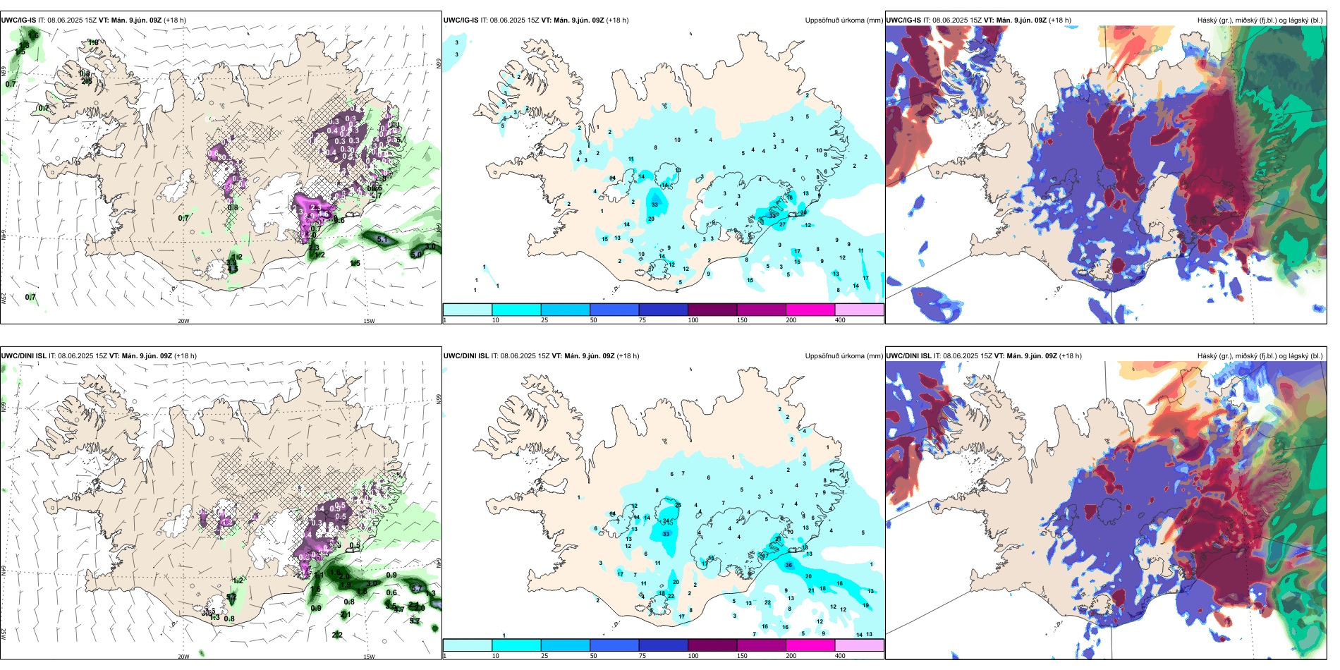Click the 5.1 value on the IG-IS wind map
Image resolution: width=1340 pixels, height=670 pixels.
(382, 240)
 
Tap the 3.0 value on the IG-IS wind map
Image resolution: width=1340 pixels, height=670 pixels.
(430, 246)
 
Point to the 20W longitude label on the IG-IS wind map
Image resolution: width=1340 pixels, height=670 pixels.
(183, 321)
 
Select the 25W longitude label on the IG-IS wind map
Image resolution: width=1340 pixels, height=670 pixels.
(4, 298)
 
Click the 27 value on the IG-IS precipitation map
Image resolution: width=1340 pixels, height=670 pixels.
(782, 225)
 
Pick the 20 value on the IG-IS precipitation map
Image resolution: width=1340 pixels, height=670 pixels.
(651, 219)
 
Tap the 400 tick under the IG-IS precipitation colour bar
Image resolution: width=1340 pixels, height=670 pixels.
(840, 320)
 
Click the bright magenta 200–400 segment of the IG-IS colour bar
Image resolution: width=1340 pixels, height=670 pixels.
(810, 310)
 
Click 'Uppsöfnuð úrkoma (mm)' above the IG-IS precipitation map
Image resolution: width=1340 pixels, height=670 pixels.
(843, 20)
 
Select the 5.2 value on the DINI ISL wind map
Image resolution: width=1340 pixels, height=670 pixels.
(231, 597)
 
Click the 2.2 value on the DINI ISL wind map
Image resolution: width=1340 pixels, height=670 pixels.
(337, 635)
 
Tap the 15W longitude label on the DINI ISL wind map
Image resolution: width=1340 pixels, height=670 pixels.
(369, 657)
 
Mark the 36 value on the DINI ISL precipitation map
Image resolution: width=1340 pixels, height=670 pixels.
(788, 565)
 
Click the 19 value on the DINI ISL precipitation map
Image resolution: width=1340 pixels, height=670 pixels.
(865, 605)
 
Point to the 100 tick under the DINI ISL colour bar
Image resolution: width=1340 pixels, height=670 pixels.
(693, 656)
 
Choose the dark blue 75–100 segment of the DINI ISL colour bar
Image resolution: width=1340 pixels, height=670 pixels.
(663, 645)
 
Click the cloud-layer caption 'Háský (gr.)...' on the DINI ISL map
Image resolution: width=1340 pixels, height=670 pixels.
(1260, 356)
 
